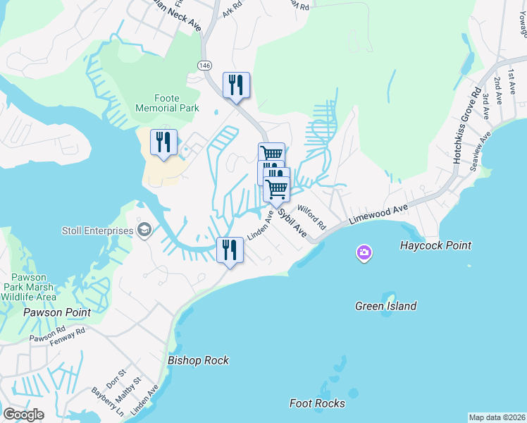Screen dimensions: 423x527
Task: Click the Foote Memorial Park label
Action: click(167, 103)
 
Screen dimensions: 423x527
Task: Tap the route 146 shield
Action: click(204, 66)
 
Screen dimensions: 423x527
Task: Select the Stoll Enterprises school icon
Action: click(145, 231)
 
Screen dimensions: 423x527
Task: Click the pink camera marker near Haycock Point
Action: click(364, 252)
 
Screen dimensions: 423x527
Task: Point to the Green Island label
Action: click(385, 306)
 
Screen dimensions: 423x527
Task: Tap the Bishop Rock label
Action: click(199, 360)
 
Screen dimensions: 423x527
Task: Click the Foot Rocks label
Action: click(317, 403)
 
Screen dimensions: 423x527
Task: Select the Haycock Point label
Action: click(435, 246)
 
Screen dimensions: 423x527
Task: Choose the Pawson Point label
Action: click(57, 312)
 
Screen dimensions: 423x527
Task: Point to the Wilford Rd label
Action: click(311, 216)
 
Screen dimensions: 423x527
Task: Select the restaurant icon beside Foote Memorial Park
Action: click(163, 142)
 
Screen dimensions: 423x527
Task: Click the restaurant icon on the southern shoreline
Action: click(230, 250)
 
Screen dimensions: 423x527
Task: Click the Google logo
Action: click(23, 415)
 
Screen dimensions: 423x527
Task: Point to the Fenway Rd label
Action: click(68, 333)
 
